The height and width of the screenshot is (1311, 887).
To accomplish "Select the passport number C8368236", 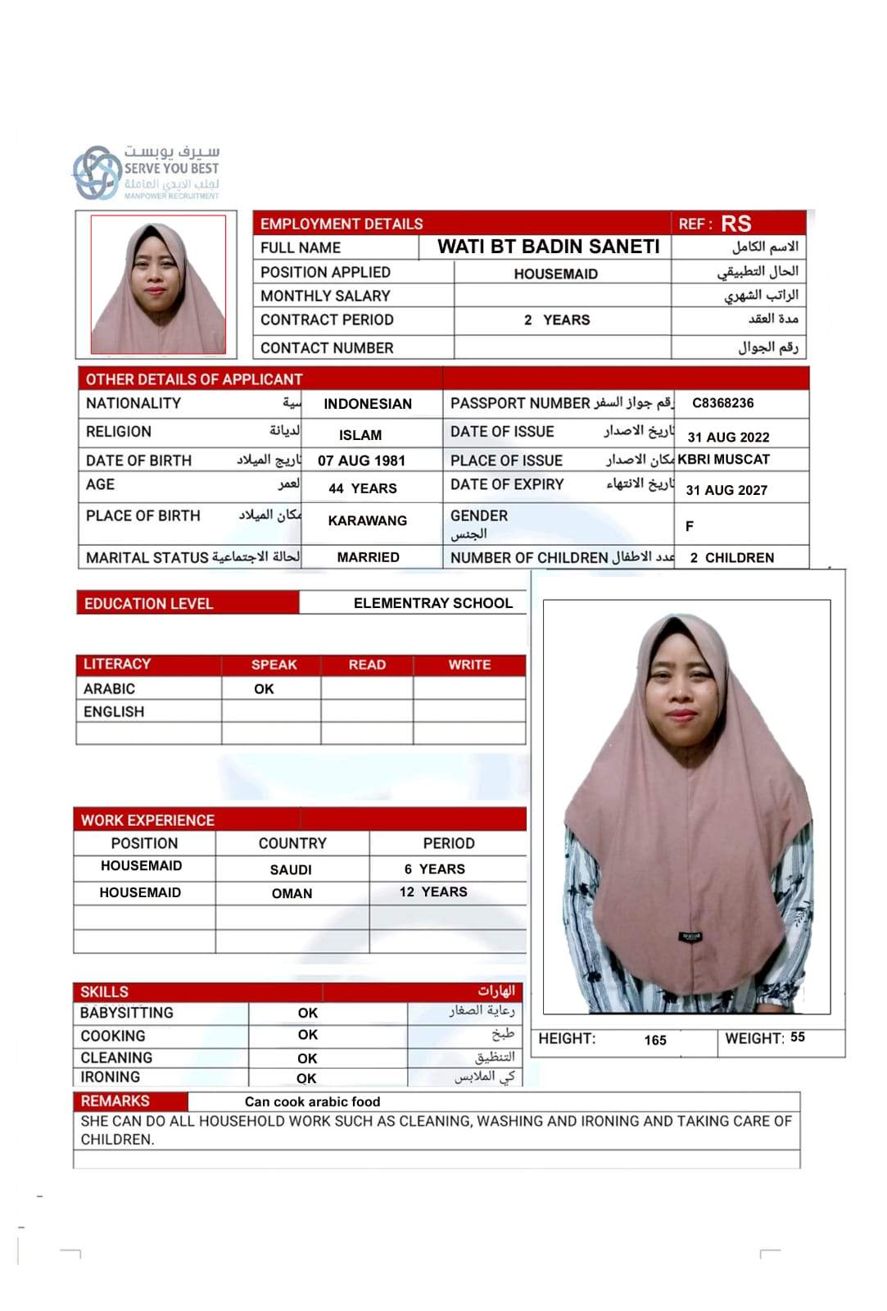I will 722,403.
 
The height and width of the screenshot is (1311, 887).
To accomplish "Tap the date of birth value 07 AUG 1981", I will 361,460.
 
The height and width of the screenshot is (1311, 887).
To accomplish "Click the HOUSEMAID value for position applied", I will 555,274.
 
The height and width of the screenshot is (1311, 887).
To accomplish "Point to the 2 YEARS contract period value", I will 557,320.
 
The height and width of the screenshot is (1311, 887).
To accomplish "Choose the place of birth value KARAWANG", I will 367,520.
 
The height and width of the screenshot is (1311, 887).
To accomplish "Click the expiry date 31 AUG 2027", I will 726,490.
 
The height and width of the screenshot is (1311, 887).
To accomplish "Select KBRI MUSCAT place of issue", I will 723,460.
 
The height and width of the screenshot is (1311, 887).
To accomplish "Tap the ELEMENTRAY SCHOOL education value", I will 432,603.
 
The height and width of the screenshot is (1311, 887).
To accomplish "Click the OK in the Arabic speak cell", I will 264,689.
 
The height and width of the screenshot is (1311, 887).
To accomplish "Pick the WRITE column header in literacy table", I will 469,665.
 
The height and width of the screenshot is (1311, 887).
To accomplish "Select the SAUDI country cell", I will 291,869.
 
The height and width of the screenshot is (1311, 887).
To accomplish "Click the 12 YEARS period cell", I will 433,892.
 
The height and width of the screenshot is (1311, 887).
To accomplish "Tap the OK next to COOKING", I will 307,1035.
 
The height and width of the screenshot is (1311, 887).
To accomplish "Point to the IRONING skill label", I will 110,1077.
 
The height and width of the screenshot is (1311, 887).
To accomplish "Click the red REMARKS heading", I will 115,1101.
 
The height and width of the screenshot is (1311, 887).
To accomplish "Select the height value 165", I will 655,1041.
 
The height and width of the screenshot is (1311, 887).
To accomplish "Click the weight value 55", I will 798,1037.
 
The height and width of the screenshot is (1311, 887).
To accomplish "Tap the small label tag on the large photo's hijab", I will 690,937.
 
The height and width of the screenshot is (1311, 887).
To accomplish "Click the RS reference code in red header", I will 736,224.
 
